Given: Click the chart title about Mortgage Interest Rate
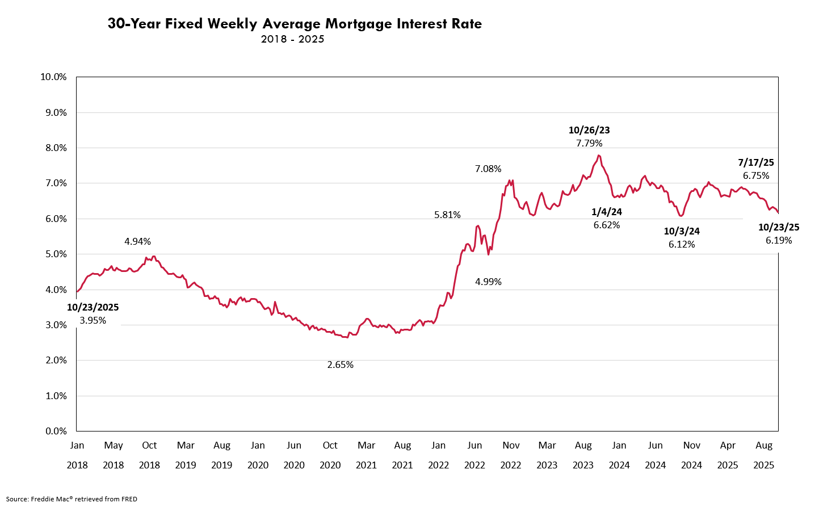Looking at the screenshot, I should tap(295, 24).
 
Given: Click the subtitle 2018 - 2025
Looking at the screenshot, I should tap(292, 39).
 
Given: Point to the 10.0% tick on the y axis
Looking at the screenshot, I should tap(53, 77).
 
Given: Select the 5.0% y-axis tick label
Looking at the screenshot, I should tap(56, 254).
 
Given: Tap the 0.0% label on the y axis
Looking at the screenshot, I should tap(56, 432).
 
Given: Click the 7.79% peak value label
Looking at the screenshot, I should tap(589, 144).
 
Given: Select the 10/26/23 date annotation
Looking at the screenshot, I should tap(589, 130).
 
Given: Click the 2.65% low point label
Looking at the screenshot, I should tap(340, 365).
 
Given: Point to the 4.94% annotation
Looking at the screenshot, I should tap(137, 242).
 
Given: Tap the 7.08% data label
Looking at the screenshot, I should tap(488, 169).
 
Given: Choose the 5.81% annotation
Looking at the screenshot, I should tap(447, 215).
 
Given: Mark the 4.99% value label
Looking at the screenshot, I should tap(488, 282).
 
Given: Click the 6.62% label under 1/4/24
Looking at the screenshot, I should tap(607, 225).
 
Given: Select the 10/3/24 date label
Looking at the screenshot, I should tap(682, 231).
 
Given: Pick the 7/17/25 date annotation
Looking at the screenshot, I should tap(756, 162).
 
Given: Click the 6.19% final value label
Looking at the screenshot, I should tap(779, 241).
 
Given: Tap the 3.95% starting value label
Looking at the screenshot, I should tap(93, 321).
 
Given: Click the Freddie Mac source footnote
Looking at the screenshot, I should tap(72, 499).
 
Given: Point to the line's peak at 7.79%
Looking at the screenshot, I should tap(599, 156).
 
